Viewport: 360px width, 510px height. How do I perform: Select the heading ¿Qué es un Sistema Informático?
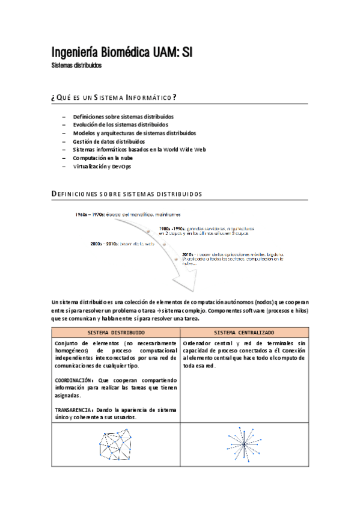114,98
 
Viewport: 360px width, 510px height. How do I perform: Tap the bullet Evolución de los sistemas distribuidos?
120,124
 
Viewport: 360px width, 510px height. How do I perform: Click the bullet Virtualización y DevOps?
102,166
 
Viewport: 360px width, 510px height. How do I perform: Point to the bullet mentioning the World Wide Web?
139,149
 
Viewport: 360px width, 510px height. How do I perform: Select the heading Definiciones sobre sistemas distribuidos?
127,194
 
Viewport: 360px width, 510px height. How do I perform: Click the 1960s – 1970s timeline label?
90,214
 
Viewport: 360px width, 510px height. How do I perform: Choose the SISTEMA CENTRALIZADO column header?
244,333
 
